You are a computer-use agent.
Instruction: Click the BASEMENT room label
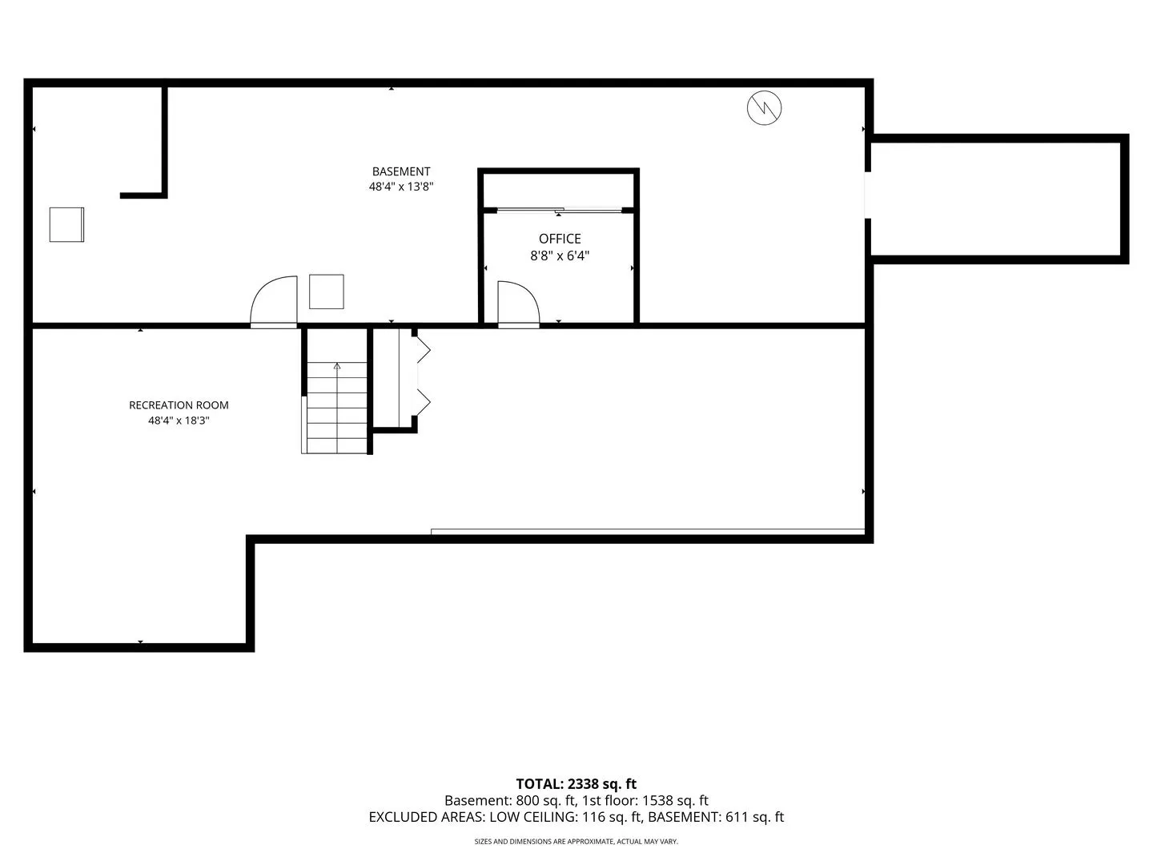point(401,171)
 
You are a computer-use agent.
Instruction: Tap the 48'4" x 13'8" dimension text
point(401,187)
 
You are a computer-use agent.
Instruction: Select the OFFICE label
point(560,239)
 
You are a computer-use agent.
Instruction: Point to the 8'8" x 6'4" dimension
point(560,255)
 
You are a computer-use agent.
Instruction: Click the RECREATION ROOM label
point(179,405)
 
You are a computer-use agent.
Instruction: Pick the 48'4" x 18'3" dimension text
point(179,420)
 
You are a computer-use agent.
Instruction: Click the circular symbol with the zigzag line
point(764,108)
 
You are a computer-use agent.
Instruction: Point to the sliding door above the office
point(559,210)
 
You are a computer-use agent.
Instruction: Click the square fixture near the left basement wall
point(66,225)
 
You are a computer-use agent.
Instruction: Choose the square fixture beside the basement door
point(326,292)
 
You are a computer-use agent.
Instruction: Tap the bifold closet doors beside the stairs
point(423,376)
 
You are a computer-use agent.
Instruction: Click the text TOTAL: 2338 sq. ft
point(576,784)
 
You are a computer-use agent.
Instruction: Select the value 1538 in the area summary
point(658,801)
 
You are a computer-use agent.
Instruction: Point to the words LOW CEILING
point(533,817)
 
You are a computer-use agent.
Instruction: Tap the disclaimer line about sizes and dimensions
point(576,842)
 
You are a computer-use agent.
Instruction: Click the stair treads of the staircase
point(337,408)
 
